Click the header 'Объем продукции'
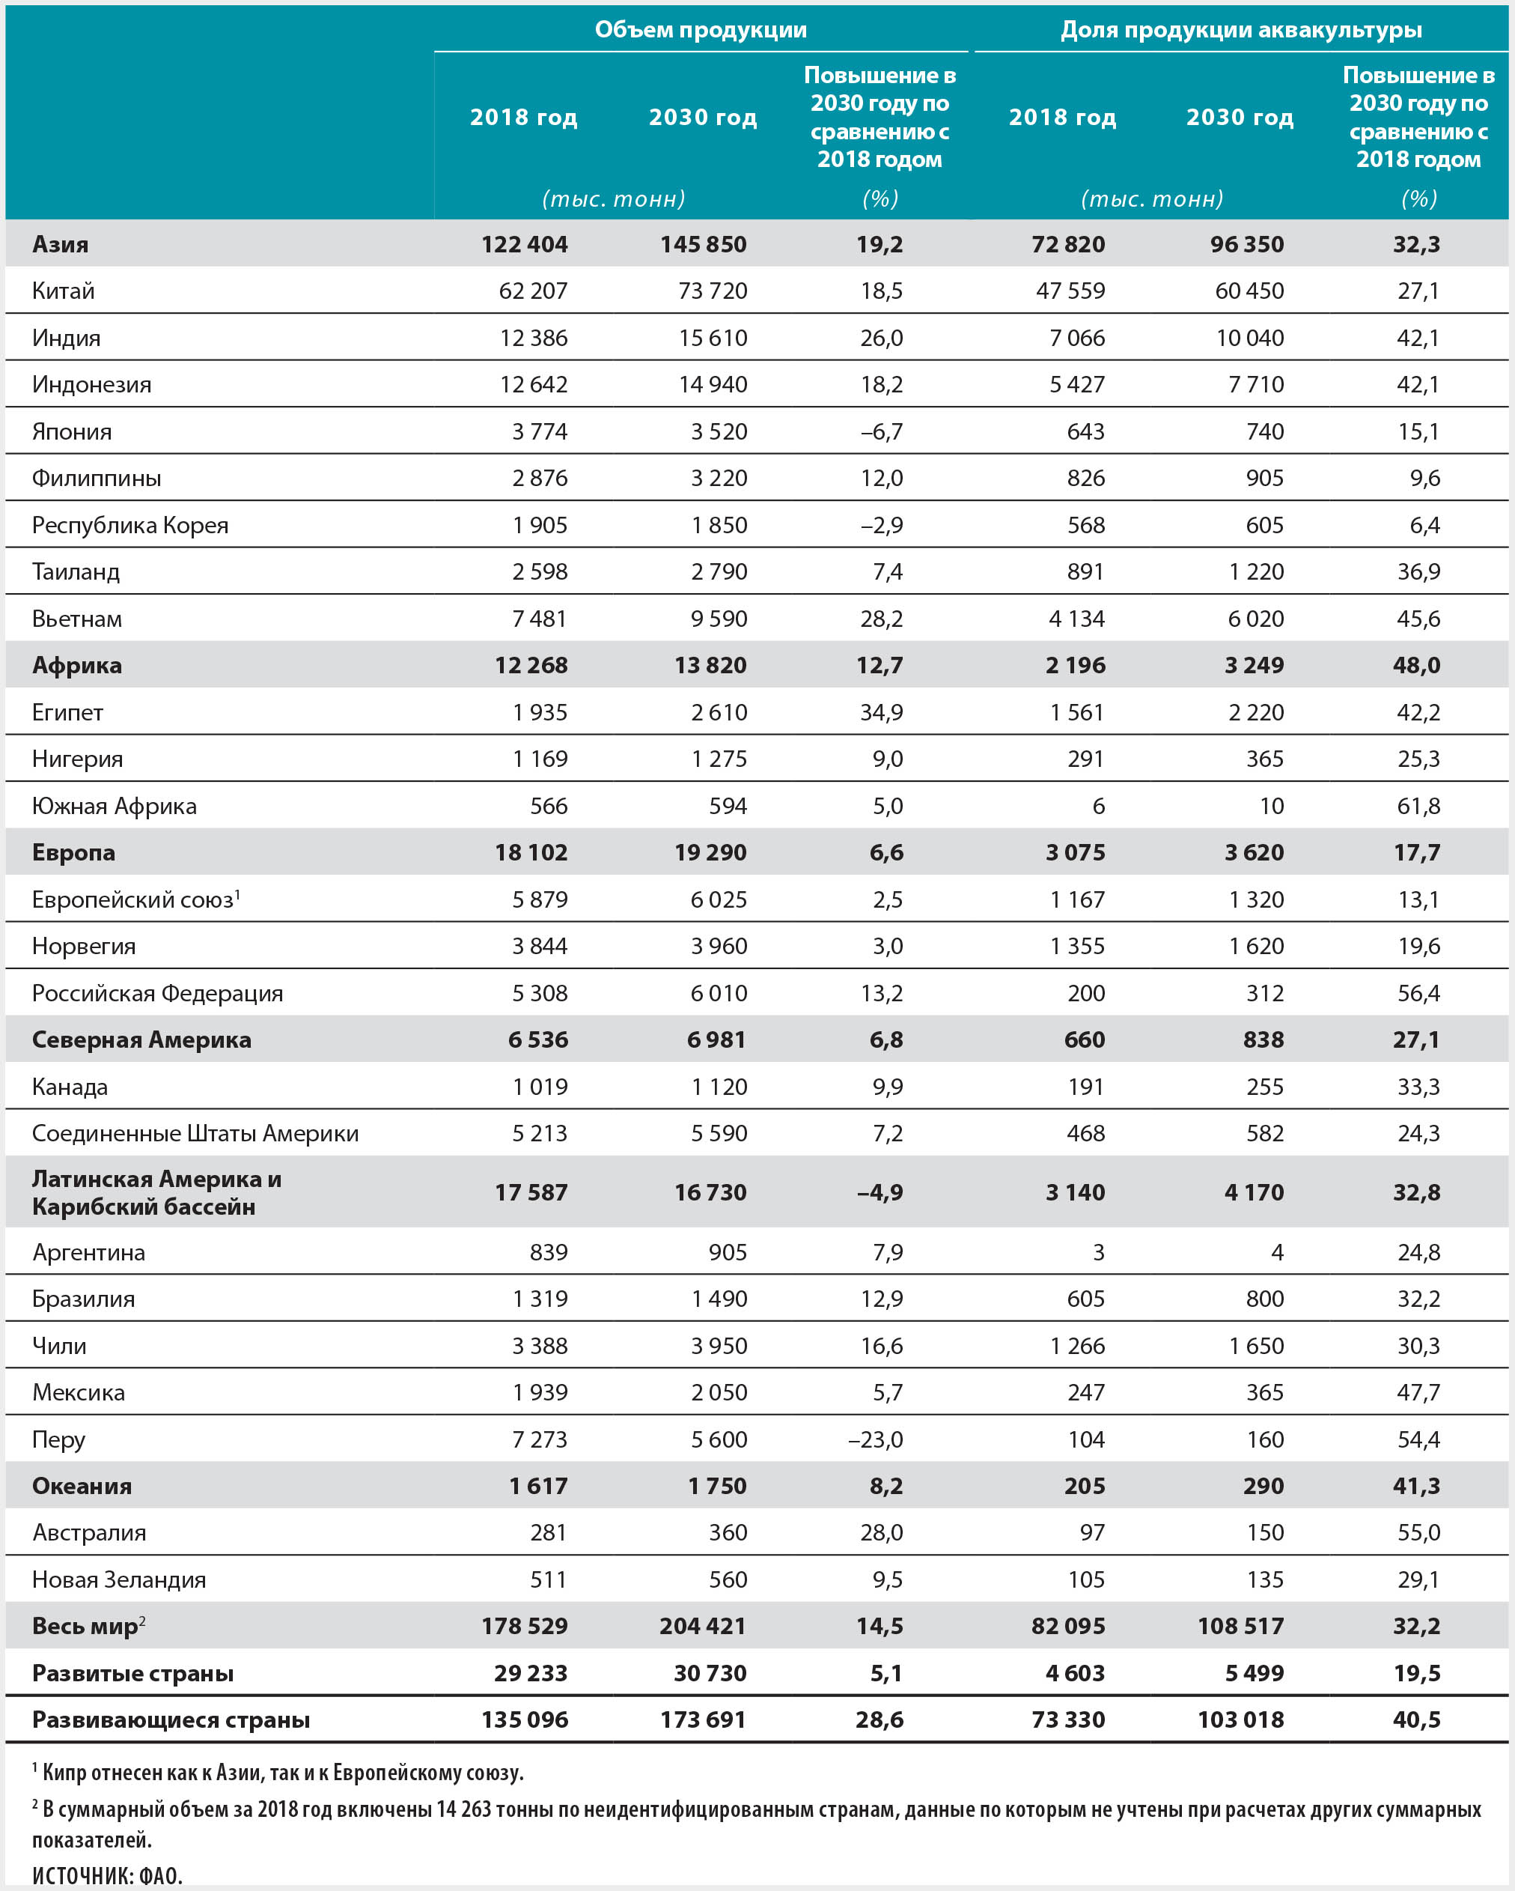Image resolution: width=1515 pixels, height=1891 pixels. [x=701, y=30]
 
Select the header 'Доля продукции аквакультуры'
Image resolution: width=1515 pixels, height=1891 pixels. [x=1240, y=30]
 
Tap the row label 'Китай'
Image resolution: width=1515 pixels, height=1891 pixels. [x=63, y=291]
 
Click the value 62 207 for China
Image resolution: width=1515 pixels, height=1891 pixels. [x=533, y=291]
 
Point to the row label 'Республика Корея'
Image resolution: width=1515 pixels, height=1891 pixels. [x=129, y=524]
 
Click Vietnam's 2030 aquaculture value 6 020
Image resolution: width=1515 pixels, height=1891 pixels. [x=1255, y=619]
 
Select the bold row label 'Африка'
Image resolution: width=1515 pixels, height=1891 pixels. [x=77, y=665]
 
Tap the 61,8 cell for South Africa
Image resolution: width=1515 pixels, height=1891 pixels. [x=1418, y=805]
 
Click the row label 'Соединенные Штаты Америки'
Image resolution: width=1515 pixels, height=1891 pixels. [x=195, y=1133]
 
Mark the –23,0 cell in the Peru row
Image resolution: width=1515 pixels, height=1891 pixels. [x=875, y=1439]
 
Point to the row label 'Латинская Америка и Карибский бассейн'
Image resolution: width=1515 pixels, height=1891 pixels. [x=156, y=1192]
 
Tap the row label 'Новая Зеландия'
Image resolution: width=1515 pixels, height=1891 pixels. [x=119, y=1579]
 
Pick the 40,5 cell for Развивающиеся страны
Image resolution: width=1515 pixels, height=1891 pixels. [x=1416, y=1719]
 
